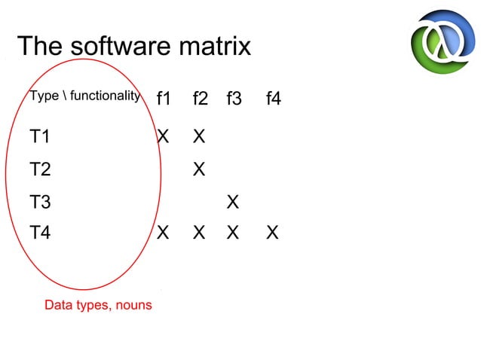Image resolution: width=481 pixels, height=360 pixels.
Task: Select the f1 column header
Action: (x=164, y=98)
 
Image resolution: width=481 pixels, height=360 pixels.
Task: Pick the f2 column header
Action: (x=200, y=98)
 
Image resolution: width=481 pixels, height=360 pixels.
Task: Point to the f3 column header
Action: (x=234, y=98)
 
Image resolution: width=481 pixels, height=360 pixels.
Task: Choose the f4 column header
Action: (x=273, y=98)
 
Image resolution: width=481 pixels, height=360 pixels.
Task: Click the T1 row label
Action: (x=40, y=136)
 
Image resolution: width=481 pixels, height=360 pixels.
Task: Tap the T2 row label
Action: (x=40, y=169)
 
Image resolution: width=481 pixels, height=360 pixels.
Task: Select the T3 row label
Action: (x=40, y=202)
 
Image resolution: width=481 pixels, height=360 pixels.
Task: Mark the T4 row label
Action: (x=40, y=233)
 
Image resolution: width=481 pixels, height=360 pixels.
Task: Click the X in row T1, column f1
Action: (x=163, y=136)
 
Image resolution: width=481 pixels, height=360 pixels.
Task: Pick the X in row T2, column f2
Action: (x=199, y=169)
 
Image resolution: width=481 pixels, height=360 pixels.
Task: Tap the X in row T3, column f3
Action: (x=233, y=202)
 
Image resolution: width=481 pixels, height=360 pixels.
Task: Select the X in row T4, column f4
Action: (x=272, y=233)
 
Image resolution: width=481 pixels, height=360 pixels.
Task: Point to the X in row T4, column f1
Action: (x=163, y=233)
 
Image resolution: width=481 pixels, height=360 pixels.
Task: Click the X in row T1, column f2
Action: (x=199, y=136)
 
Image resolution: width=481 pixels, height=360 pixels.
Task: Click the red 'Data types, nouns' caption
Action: (x=98, y=305)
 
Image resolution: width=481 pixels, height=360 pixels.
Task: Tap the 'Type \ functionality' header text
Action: (x=84, y=96)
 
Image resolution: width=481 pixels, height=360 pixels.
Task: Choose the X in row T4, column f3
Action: (x=233, y=233)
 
